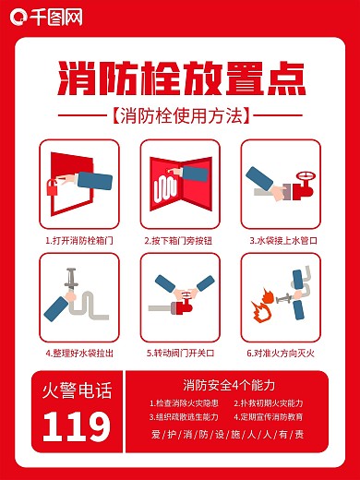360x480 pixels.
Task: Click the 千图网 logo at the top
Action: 43,17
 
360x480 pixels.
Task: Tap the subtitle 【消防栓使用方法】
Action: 179,117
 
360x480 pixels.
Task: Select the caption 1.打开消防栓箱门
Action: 79,240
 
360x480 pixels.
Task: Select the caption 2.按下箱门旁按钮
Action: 180,240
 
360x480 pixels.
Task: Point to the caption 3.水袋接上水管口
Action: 282,240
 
